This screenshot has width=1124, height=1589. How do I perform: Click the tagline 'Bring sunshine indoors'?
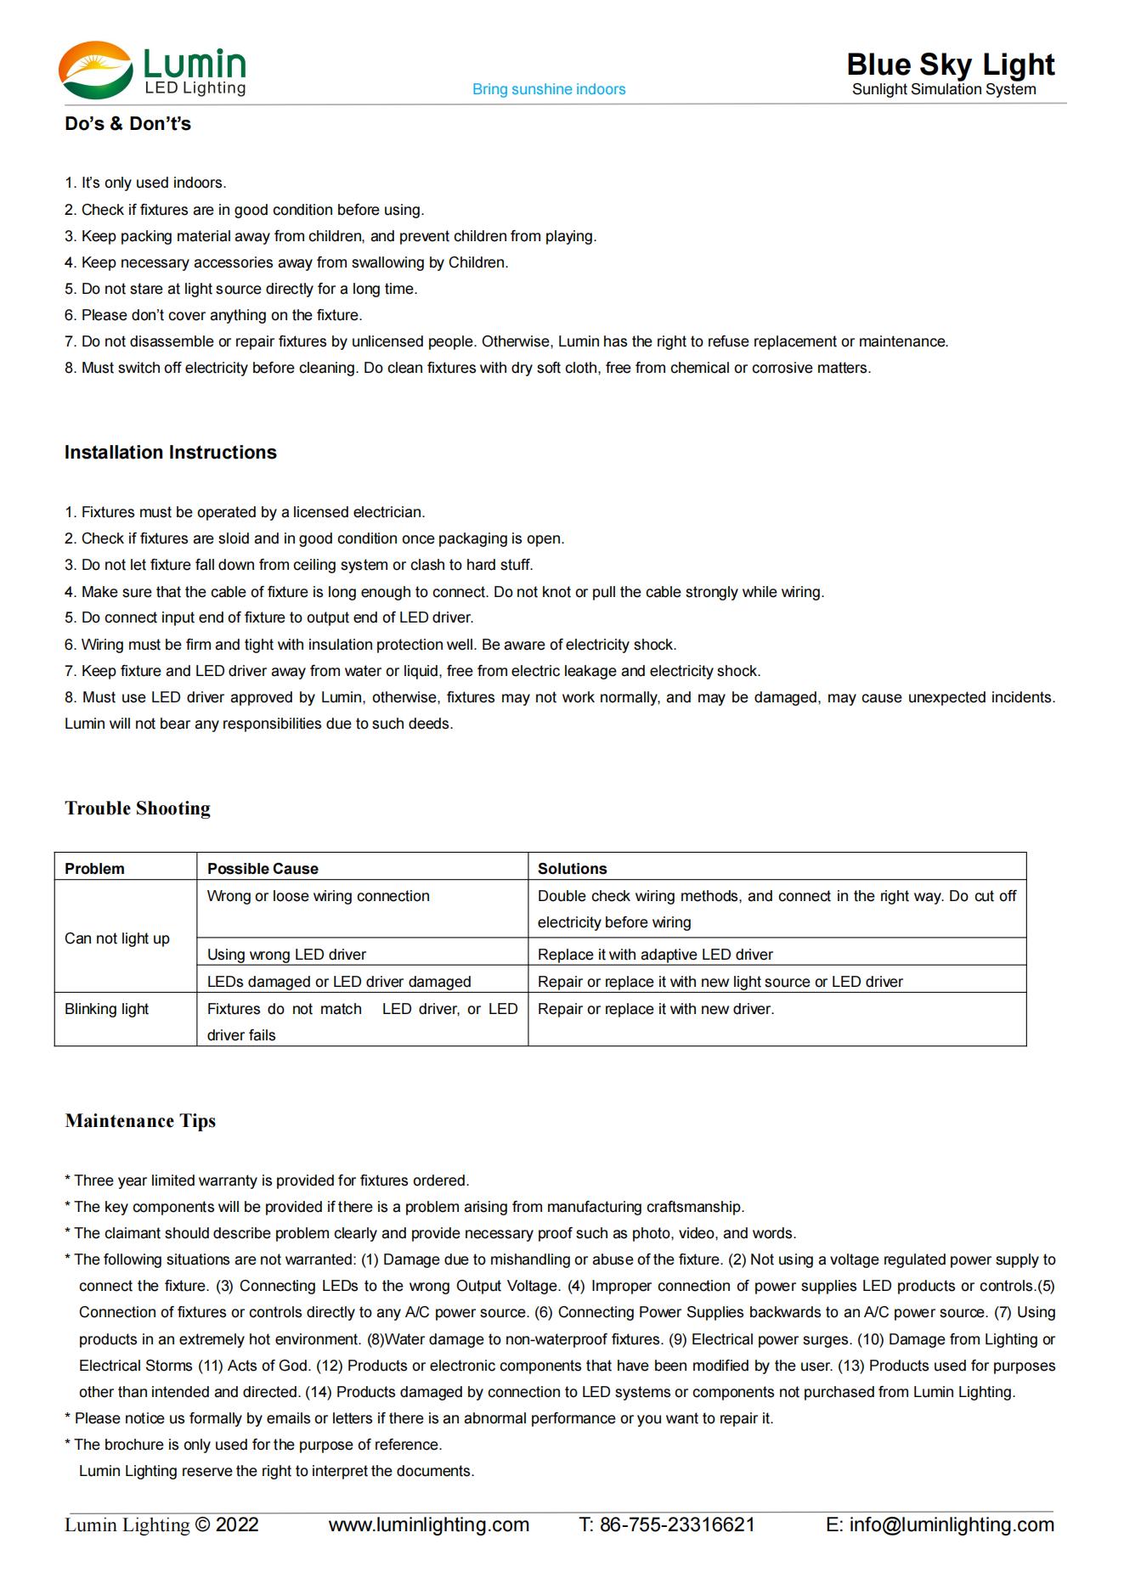pos(549,89)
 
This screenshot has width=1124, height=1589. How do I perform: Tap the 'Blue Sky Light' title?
pos(950,65)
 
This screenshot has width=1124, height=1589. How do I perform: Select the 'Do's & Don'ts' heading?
pos(127,124)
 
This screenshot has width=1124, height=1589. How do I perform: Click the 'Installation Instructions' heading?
pos(171,453)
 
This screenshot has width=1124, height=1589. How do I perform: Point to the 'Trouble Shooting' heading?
pos(138,808)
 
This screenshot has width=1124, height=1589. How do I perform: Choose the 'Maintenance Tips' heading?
pos(140,1121)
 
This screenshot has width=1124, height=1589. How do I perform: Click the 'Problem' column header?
pos(94,869)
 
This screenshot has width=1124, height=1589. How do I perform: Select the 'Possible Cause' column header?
pos(263,869)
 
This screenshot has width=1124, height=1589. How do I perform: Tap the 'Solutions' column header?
pos(572,869)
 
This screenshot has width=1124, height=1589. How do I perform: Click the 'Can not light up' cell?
pos(117,938)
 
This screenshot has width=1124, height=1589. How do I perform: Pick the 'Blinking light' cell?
pos(106,1009)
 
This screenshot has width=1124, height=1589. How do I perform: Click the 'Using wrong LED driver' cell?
pos(286,955)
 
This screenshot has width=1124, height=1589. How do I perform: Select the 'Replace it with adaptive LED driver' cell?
pos(655,955)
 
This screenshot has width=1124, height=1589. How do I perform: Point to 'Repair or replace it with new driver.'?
pos(656,1009)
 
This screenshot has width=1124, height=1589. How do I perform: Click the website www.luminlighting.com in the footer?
pos(429,1524)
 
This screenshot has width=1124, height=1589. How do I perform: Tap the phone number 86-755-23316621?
pos(677,1524)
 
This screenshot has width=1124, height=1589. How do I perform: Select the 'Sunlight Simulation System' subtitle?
pos(944,89)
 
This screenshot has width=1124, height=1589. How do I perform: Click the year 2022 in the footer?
pos(237,1524)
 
